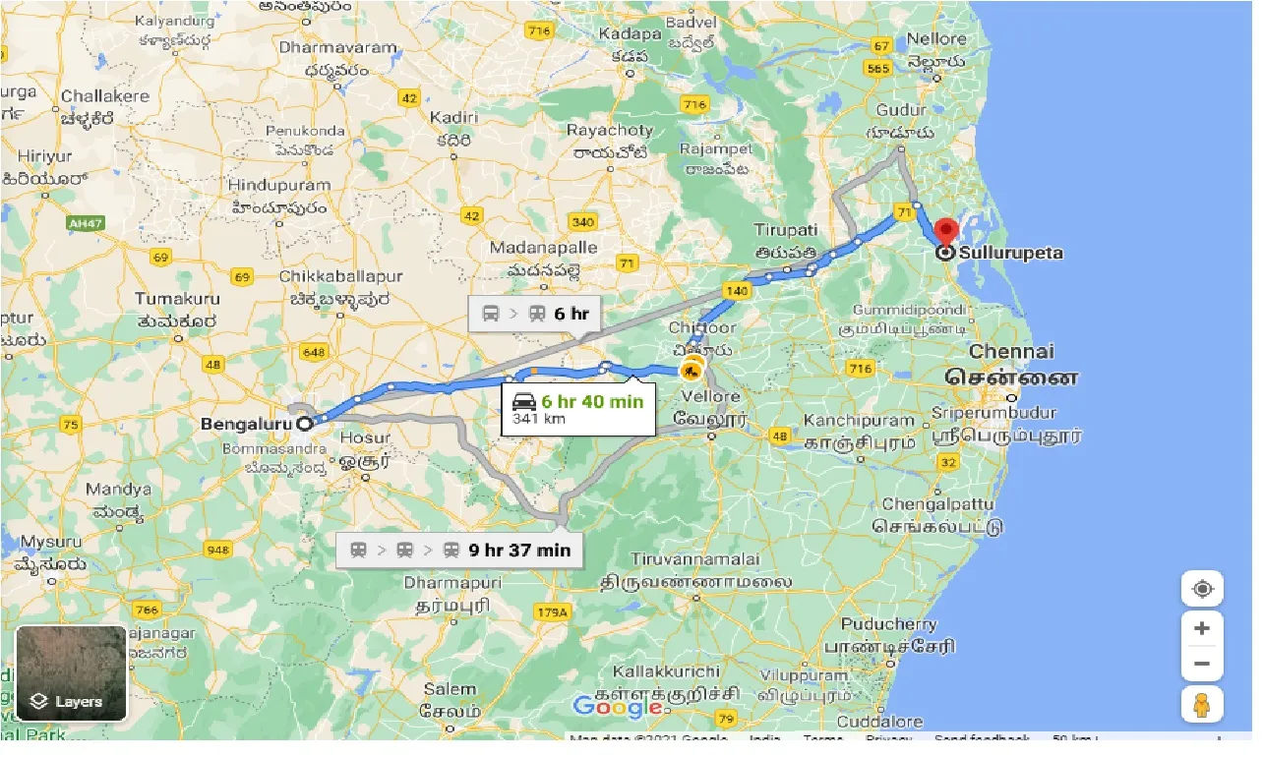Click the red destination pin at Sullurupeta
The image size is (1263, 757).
point(945,233)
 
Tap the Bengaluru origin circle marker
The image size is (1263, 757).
point(305,424)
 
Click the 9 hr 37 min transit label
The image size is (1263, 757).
point(518,550)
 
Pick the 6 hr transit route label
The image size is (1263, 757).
point(571,314)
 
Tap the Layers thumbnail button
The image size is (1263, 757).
point(71,673)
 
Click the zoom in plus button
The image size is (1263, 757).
point(1202,627)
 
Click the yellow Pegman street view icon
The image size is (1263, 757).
point(1202,704)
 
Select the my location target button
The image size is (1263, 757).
point(1202,589)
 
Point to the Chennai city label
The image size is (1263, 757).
point(1011,352)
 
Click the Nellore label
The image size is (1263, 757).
point(936,38)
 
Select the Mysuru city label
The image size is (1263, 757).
point(51,542)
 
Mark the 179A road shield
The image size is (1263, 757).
point(553,612)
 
